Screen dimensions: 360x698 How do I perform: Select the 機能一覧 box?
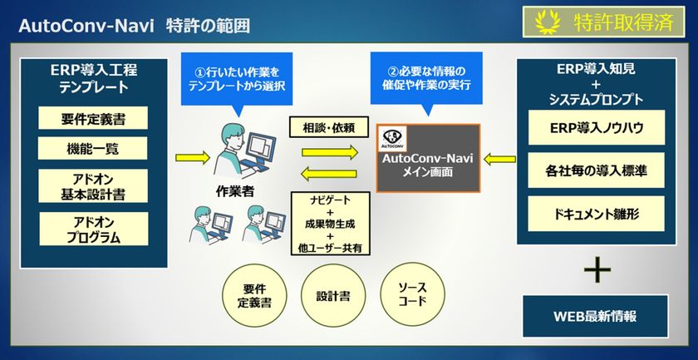click(93, 149)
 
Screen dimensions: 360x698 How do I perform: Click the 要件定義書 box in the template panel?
click(93, 117)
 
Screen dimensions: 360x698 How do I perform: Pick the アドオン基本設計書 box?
click(93, 187)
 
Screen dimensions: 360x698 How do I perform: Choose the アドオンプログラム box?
click(93, 229)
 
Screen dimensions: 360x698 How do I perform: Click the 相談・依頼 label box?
click(323, 127)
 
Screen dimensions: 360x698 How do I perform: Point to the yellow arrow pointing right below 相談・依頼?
click(330, 152)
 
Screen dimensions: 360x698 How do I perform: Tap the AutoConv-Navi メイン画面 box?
click(427, 159)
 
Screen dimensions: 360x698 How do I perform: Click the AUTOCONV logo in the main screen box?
click(391, 137)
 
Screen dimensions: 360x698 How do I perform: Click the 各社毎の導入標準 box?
click(584, 173)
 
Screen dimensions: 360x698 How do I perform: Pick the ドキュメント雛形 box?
click(584, 214)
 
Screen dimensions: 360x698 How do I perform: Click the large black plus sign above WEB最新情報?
click(597, 269)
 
